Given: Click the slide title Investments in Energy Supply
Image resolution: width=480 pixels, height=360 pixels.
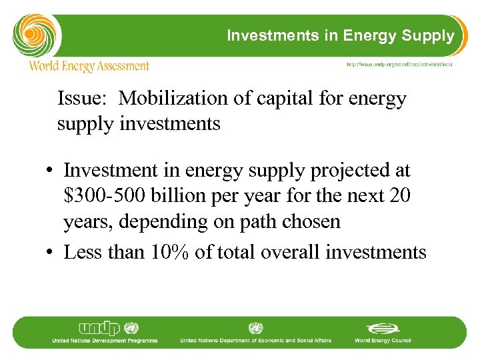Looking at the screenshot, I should [x=340, y=35].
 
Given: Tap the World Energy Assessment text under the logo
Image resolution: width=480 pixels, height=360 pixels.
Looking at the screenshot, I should [x=89, y=66].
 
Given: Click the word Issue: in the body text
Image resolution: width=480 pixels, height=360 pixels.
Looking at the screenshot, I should [x=85, y=99].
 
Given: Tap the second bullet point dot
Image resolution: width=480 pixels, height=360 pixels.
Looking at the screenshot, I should [x=50, y=253].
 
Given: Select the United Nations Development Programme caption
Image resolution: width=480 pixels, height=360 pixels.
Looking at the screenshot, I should [x=105, y=341].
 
